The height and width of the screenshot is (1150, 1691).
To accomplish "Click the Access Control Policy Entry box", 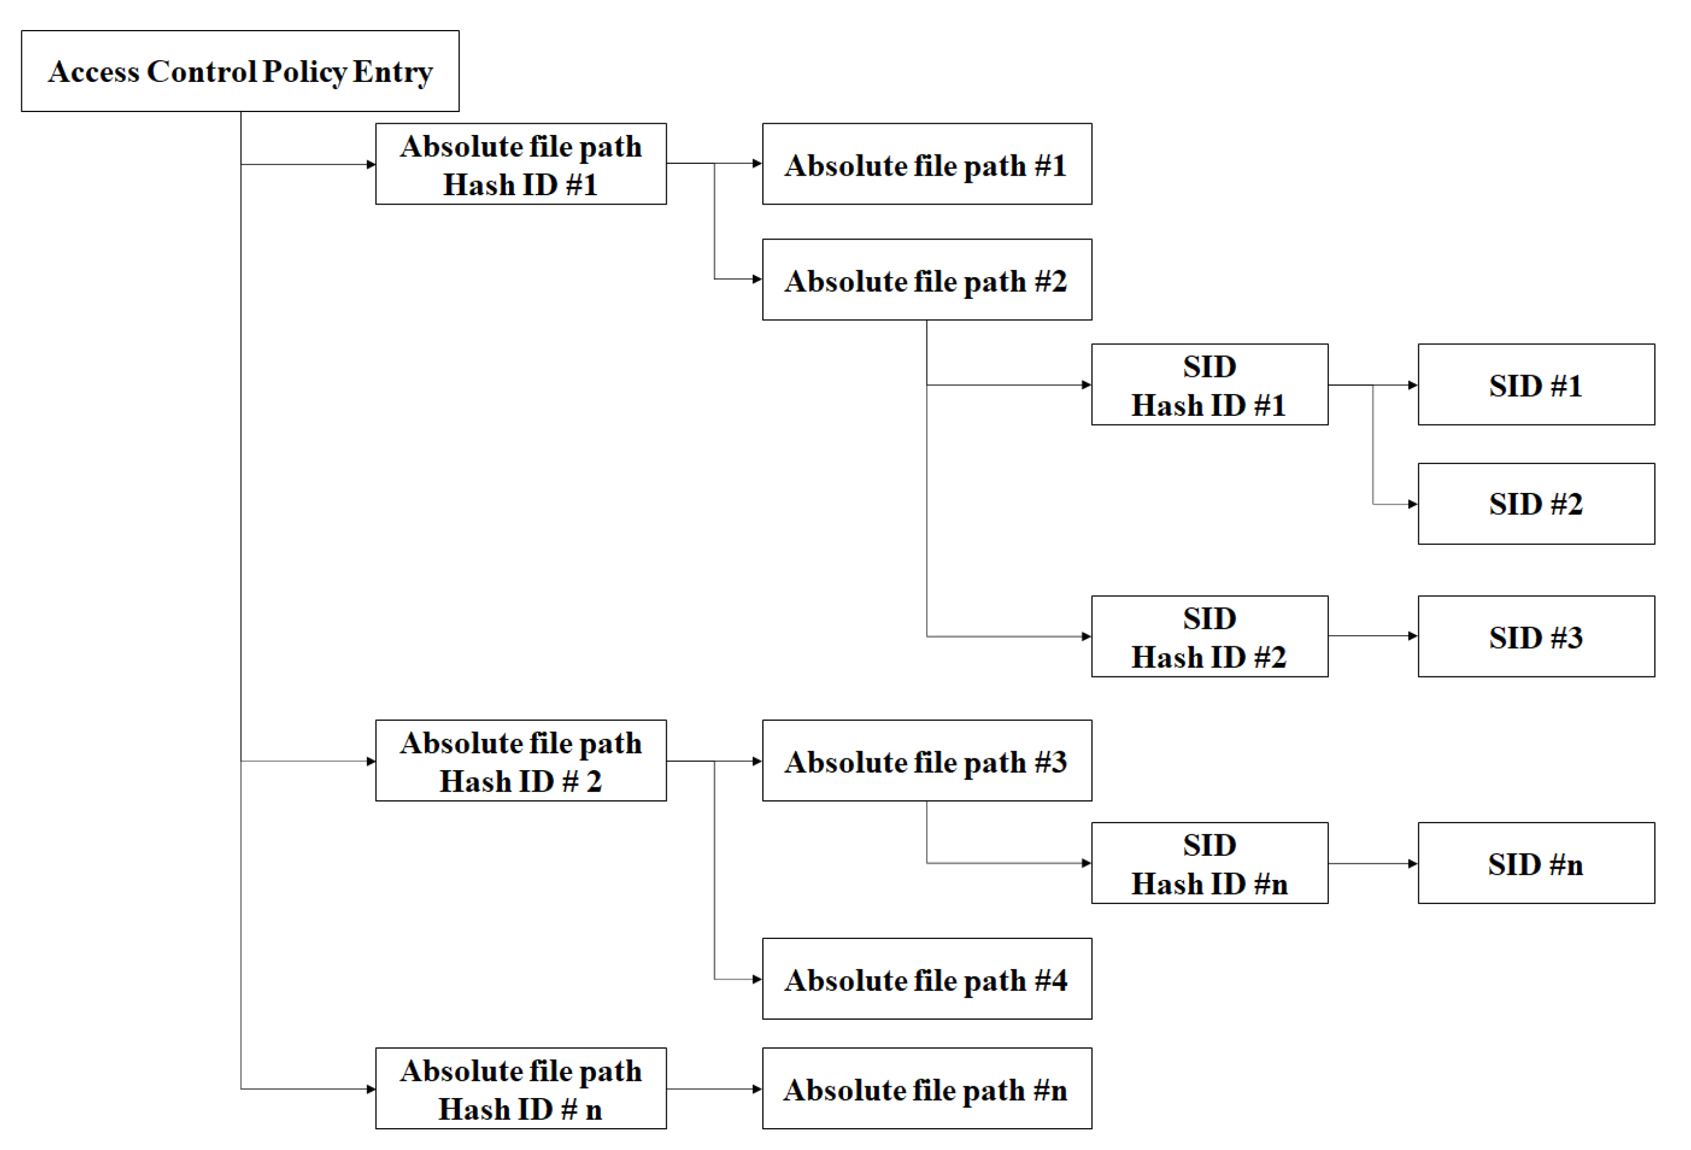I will click(x=240, y=71).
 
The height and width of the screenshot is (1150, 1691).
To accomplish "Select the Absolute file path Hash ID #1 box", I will click(x=521, y=164).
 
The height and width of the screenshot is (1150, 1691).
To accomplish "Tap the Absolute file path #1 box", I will click(x=927, y=164).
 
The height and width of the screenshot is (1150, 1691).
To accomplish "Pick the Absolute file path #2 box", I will click(x=927, y=280).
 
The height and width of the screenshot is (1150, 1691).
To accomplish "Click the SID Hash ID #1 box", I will click(x=1210, y=385).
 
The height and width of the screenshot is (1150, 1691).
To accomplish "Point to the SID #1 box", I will click(x=1536, y=385).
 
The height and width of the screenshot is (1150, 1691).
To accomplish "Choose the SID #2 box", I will click(x=1536, y=504).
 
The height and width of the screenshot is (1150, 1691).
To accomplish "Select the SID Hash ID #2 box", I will click(x=1210, y=636).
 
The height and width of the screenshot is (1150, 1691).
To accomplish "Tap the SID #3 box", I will click(x=1536, y=636).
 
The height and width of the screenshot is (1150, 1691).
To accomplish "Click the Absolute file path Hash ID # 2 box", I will click(x=521, y=761).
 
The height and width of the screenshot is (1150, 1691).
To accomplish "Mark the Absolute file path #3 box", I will click(x=927, y=761).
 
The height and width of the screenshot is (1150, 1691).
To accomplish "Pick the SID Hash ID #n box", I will click(x=1210, y=863).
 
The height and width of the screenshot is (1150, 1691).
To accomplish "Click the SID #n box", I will click(x=1536, y=863).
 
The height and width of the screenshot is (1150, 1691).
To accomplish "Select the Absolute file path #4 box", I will click(x=927, y=979).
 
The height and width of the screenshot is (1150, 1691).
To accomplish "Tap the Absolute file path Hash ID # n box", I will click(x=521, y=1089).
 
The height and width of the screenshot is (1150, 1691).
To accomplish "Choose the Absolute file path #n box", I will click(x=927, y=1089).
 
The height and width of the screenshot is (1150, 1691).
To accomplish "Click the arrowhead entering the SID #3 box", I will click(x=1413, y=636).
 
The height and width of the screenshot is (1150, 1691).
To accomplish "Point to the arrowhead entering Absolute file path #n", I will click(x=757, y=1089).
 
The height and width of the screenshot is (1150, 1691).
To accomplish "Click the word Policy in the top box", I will click(x=304, y=72).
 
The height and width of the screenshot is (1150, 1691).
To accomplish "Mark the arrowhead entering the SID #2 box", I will click(x=1413, y=504).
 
